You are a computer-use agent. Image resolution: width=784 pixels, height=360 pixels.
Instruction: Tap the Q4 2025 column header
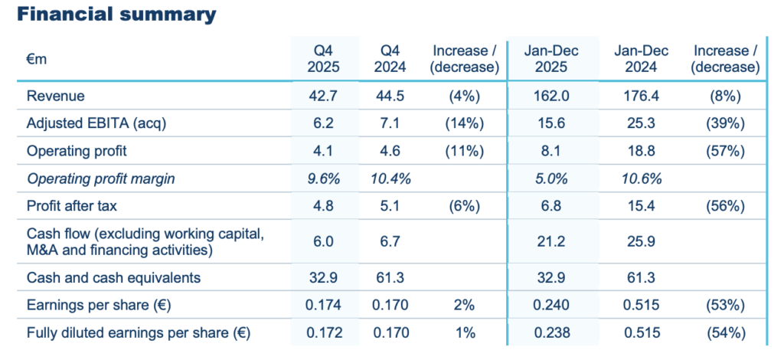(322, 59)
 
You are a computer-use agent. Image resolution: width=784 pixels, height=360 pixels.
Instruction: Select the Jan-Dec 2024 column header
(641, 59)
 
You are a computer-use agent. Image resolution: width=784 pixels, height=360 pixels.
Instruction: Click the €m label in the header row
(37, 59)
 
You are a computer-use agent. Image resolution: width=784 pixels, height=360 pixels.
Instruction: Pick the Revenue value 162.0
(551, 96)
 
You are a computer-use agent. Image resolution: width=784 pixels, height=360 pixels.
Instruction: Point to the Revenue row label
(55, 96)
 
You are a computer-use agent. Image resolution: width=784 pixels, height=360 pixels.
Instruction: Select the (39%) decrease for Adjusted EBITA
(725, 123)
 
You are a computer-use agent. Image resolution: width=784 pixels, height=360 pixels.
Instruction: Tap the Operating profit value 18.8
(641, 151)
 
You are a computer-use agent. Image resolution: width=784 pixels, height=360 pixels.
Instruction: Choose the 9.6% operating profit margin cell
(322, 178)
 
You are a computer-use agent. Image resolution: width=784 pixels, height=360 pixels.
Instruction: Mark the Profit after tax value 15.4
(641, 205)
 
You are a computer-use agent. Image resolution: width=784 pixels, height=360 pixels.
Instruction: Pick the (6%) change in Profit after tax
(465, 205)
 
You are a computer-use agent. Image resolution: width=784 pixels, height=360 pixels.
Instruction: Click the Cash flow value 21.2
(551, 241)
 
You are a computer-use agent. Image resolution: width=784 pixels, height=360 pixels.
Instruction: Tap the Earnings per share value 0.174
(322, 305)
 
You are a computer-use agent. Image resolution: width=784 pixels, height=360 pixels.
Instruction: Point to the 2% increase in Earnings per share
(465, 305)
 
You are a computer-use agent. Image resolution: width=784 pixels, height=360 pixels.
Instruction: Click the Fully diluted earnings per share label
(138, 332)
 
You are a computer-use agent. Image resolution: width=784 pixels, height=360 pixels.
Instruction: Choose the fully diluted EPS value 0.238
(551, 332)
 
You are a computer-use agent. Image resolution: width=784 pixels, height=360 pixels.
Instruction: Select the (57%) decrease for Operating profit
(725, 151)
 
